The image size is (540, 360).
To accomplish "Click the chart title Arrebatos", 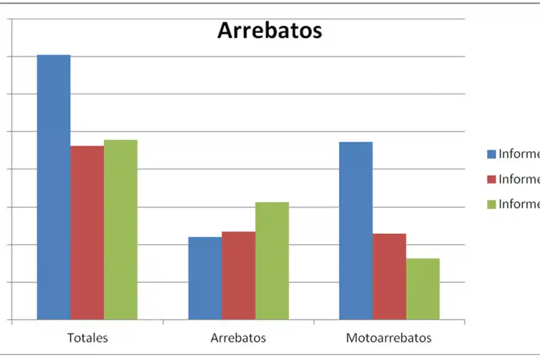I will (269, 30).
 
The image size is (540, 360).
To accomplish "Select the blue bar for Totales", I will (54, 187).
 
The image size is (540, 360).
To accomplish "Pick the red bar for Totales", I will (87, 232).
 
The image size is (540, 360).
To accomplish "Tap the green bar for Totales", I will (121, 229).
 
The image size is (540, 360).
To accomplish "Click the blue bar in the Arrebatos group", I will (205, 278).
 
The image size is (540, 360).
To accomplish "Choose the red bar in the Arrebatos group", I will (238, 275).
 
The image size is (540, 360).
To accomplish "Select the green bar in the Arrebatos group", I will (272, 260).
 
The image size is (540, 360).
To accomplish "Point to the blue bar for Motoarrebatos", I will (356, 230).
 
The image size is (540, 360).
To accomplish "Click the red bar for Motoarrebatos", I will (389, 276).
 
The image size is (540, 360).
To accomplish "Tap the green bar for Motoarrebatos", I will (423, 289).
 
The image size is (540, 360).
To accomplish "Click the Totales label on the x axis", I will (88, 338).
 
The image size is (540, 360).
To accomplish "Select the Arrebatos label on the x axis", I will (238, 338).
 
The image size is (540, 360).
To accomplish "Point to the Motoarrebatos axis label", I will (389, 338).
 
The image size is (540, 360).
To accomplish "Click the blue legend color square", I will (491, 154).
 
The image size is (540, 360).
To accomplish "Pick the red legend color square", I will (491, 179).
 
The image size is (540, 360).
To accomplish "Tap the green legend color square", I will (491, 205).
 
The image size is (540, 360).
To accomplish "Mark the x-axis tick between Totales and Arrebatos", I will (163, 322).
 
